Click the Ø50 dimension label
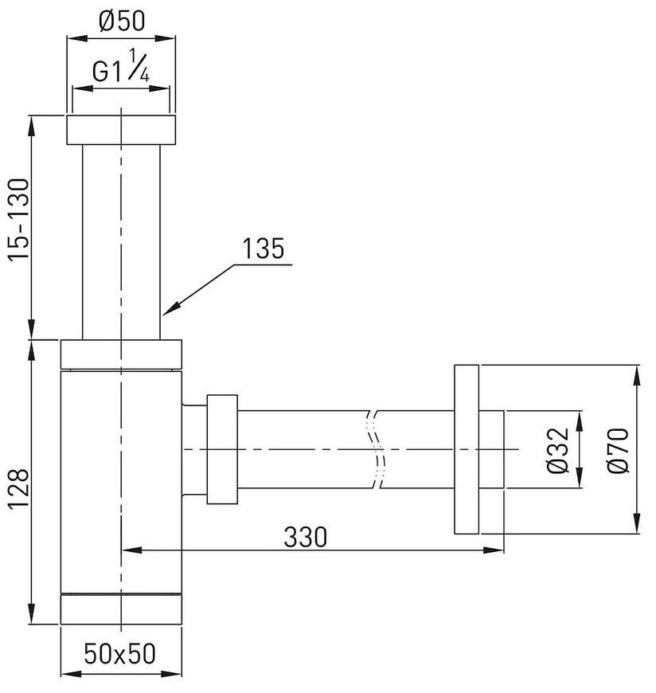[122, 21]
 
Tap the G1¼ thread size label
[120, 66]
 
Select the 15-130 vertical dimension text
[19, 220]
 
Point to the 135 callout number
[264, 249]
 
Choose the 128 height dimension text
[19, 490]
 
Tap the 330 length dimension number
[305, 537]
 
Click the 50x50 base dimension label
[119, 654]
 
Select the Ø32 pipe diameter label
[557, 450]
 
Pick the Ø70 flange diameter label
[618, 450]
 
